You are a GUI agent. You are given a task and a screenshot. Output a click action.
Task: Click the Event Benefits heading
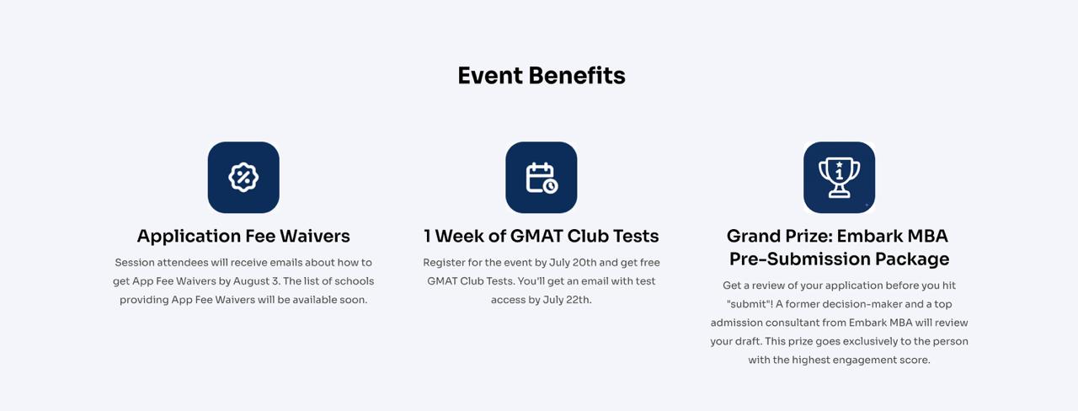coord(542,76)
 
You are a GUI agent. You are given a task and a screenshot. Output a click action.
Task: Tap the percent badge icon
coord(243,177)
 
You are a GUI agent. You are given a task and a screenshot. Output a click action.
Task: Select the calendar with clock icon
coord(542,178)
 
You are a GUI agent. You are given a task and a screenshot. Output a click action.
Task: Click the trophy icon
coord(840,178)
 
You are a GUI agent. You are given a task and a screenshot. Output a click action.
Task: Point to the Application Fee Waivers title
coord(243,236)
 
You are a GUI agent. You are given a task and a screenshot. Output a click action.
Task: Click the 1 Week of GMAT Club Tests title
coord(542,236)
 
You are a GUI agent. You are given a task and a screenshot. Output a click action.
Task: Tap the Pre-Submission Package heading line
coord(840,259)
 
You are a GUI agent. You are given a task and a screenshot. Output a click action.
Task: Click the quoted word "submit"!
coord(750,304)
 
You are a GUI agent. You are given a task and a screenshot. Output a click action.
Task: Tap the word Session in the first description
coord(134,263)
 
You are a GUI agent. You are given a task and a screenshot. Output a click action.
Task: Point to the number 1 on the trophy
coord(840,173)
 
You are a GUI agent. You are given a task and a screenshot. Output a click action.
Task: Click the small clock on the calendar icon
coord(551,186)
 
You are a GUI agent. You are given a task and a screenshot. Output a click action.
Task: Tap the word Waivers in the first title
coord(315,236)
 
